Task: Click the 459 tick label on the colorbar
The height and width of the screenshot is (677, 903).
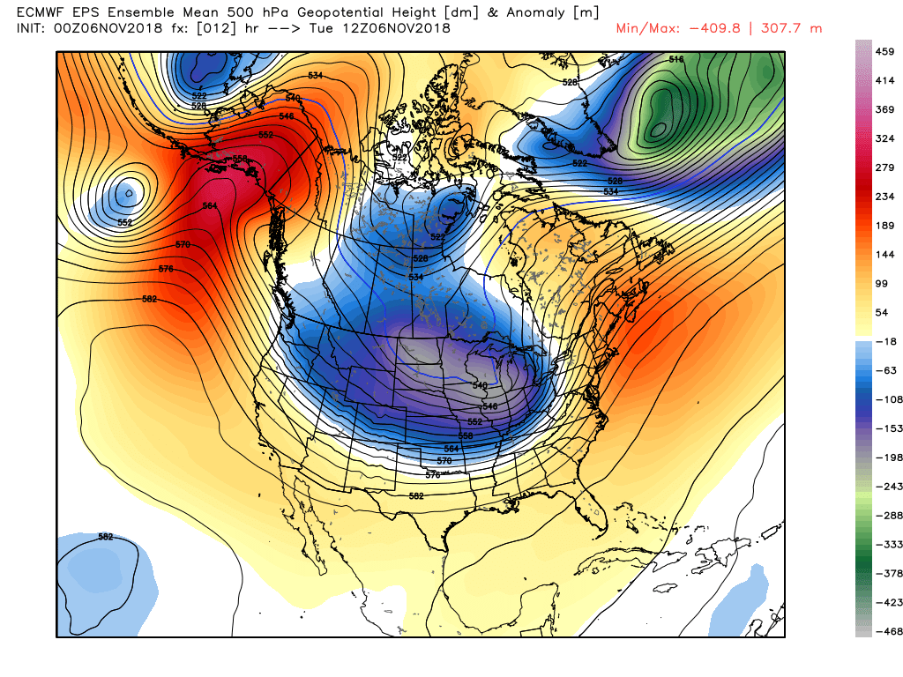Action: point(885,51)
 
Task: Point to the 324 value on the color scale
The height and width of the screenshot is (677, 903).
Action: point(885,138)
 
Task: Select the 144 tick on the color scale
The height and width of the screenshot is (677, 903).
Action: point(885,254)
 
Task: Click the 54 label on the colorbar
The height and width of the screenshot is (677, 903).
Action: point(882,313)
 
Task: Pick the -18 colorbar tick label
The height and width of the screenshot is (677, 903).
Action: point(884,341)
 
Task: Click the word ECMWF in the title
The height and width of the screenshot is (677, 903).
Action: point(43,11)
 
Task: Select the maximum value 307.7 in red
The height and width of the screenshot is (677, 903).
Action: point(766,28)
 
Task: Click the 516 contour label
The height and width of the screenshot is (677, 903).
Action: point(676,59)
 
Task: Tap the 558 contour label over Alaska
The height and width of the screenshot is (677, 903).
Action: point(240,159)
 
